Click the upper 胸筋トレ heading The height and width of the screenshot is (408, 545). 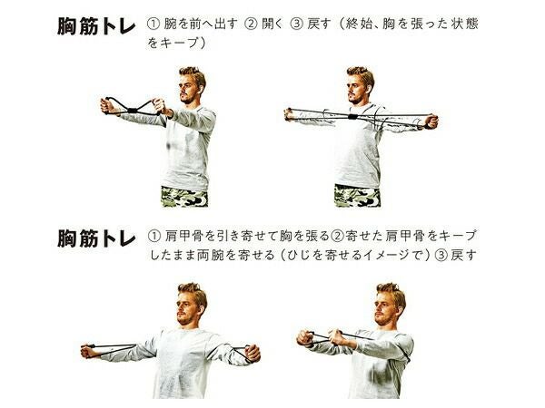tap(96, 26)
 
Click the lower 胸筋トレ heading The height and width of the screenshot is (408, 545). tap(96, 238)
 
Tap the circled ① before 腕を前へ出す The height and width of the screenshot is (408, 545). tap(154, 24)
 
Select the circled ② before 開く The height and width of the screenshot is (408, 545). tap(251, 24)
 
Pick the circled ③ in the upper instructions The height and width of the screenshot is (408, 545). tap(296, 24)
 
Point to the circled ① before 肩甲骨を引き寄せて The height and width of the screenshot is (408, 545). tap(154, 237)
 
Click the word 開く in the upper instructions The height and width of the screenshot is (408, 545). tap(272, 24)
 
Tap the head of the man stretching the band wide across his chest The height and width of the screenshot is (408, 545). tap(360, 85)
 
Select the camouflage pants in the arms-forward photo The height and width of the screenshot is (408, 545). tap(184, 197)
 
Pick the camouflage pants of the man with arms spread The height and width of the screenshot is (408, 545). tap(357, 196)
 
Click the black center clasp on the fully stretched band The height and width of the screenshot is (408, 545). tap(353, 116)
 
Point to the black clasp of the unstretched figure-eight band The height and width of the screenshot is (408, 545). tap(132, 111)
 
